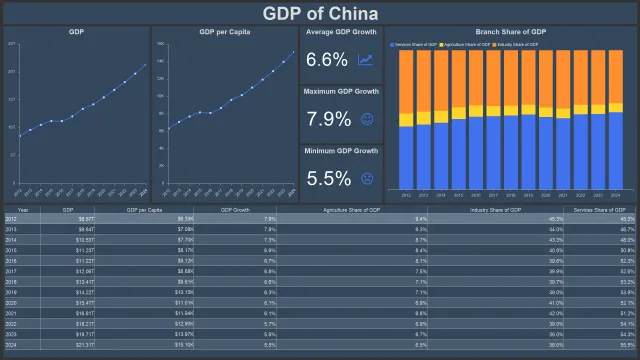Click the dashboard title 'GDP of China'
click(320, 13)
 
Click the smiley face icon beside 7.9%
click(366, 119)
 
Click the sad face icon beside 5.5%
click(366, 178)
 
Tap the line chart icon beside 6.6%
click(366, 60)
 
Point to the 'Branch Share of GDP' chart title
click(511, 33)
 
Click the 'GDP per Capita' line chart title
click(224, 33)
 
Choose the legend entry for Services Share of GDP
click(419, 45)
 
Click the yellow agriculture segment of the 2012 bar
click(406, 120)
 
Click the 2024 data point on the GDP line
click(145, 64)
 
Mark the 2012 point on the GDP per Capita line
click(167, 128)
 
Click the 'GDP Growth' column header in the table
click(234, 210)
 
